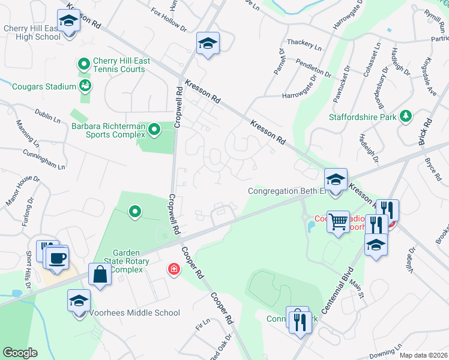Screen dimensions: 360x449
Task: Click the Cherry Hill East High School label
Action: (32, 32)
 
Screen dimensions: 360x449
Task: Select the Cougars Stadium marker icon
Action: (86, 86)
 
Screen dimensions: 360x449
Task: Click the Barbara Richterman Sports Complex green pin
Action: (154, 128)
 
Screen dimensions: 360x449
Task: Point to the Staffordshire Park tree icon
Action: (406, 116)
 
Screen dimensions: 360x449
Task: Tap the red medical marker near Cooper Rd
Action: (174, 270)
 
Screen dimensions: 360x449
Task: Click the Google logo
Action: (19, 353)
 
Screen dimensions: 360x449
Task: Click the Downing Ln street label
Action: (385, 352)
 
